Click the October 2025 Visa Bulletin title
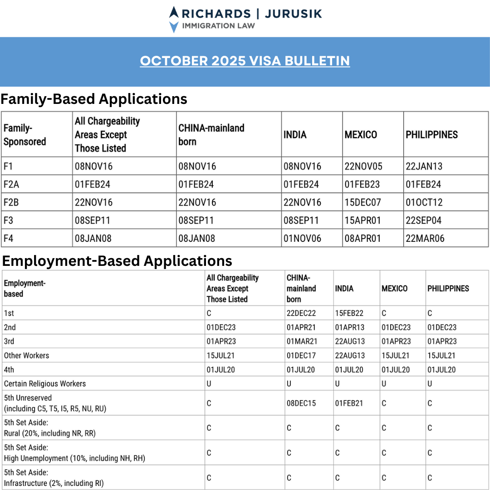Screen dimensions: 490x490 [245, 61]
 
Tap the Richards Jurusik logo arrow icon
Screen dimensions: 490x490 [173, 19]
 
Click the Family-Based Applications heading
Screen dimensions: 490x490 [94, 99]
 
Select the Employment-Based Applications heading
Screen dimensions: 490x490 [117, 261]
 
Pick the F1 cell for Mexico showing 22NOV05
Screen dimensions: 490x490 [363, 167]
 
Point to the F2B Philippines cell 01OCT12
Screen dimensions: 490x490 [424, 202]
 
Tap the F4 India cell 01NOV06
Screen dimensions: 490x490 [302, 238]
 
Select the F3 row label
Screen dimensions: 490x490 [10, 220]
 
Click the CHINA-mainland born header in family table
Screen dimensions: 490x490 [211, 135]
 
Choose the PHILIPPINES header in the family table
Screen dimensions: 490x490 [431, 135]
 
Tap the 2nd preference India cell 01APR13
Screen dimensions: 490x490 [350, 327]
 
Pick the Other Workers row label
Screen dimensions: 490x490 [26, 355]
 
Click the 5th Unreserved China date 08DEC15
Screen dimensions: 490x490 [301, 403]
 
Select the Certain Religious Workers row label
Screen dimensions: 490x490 [44, 383]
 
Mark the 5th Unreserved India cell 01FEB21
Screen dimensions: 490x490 [349, 403]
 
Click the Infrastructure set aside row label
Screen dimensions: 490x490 [54, 478]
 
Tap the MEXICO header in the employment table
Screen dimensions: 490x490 [394, 289]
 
